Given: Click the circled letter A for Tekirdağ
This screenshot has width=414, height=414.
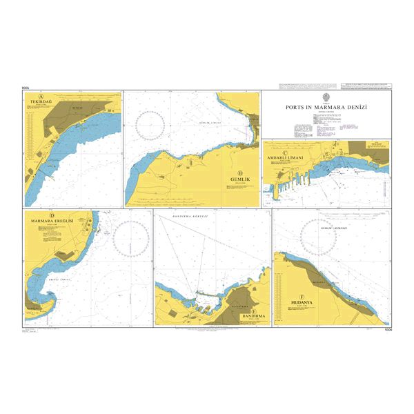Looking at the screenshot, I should (x=42, y=97).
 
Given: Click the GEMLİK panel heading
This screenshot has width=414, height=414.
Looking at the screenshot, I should (x=239, y=179).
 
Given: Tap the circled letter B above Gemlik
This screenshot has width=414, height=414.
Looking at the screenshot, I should (x=239, y=172).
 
